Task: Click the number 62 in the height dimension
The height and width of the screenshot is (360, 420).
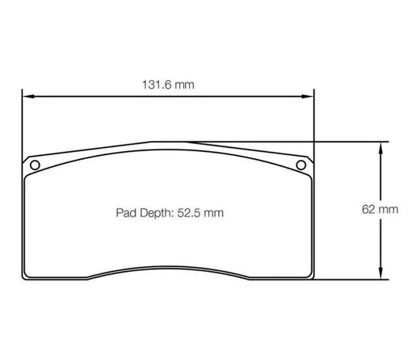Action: click(x=368, y=210)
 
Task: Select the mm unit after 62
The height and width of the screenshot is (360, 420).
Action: click(x=386, y=210)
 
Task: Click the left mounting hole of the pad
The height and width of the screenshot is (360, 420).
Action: click(x=34, y=165)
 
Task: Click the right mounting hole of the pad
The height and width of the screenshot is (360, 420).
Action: click(x=299, y=165)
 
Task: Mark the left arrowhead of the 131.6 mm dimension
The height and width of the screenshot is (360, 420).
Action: click(x=26, y=97)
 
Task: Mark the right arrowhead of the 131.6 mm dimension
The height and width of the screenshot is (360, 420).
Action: click(x=308, y=97)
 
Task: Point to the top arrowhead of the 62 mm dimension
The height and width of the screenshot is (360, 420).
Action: click(x=381, y=147)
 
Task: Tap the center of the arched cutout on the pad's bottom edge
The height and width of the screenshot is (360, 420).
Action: click(x=166, y=268)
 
